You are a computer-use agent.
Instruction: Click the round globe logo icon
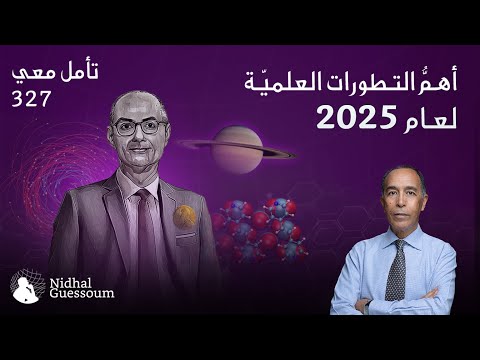pyautogui.click(x=25, y=289)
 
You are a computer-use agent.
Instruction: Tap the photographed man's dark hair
pyautogui.click(x=402, y=175)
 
